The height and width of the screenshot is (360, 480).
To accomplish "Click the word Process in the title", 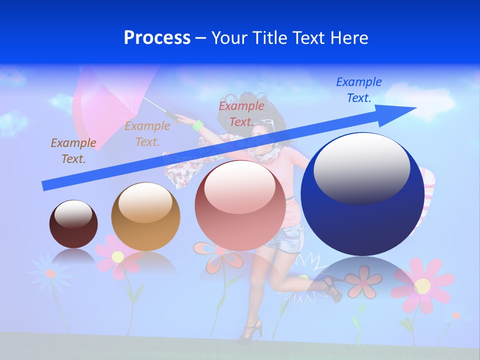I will click(157, 38).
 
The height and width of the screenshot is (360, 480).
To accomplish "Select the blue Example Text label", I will click(358, 90).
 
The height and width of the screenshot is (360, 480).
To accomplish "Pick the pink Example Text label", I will click(241, 114).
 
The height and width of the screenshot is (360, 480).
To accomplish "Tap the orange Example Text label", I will click(147, 134).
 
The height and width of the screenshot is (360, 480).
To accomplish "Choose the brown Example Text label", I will click(73, 151).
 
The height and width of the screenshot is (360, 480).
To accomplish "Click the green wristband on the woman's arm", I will click(198, 125).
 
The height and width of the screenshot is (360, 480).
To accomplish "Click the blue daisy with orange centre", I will click(50, 273).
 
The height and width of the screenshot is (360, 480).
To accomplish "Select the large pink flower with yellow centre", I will click(422, 285).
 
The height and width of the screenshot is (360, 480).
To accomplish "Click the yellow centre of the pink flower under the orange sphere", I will click(118, 257).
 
